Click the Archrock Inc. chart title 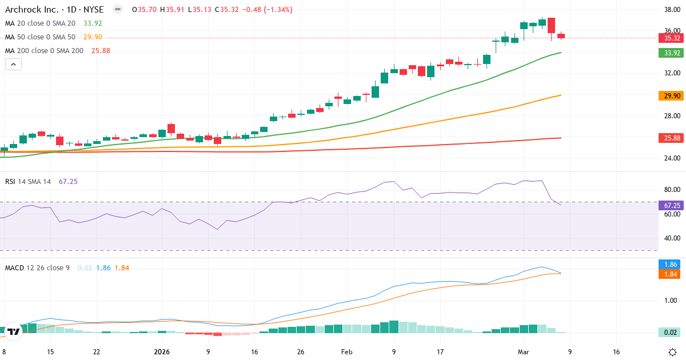[54, 10]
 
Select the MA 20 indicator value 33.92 [93, 23]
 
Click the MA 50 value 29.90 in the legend [93, 37]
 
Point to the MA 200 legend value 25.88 [101, 51]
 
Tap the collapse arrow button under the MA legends [14, 65]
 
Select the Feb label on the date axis [347, 352]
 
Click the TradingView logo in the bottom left [14, 331]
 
